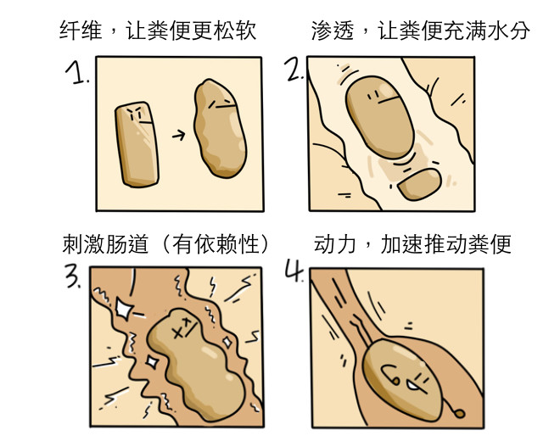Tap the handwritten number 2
pos(294,70)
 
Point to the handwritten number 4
pos(294,271)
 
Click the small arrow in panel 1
pos(178,135)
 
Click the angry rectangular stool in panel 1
pos(137,144)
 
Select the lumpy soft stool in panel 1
pos(220,128)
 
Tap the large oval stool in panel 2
pos(379,117)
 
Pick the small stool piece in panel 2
pos(420,184)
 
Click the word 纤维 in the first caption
pos(80,30)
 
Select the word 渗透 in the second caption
pos(333,30)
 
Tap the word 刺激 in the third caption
pos(84,244)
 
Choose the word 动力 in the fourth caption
pos(335,244)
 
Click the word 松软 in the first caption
pos(235,30)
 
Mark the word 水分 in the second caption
pos(509,30)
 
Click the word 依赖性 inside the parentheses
pos(226,244)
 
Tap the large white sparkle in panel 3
pos(124,308)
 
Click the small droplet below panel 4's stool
pos(460,414)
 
